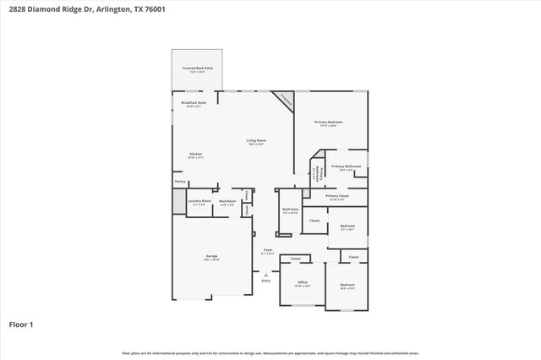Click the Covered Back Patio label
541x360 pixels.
[x=197, y=69]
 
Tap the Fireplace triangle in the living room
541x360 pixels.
[x=286, y=101]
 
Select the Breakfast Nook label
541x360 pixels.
[x=194, y=103]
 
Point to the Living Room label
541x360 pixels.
[x=256, y=141]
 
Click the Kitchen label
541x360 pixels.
[x=195, y=155]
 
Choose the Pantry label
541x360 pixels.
[x=180, y=181]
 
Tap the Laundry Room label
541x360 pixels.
[x=199, y=201]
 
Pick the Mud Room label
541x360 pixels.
[x=227, y=201]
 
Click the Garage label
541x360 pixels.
[x=211, y=256]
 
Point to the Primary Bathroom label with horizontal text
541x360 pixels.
[x=346, y=166]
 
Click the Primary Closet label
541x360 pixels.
[x=336, y=196]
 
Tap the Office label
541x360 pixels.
[x=302, y=282]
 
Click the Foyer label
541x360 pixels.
[x=267, y=251]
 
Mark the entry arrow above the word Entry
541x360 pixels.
[x=266, y=274]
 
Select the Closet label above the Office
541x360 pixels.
[x=296, y=259]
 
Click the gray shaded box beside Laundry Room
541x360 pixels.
[x=178, y=202]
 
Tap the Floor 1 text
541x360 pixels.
[x=21, y=324]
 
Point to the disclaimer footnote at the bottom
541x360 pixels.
[x=270, y=352]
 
